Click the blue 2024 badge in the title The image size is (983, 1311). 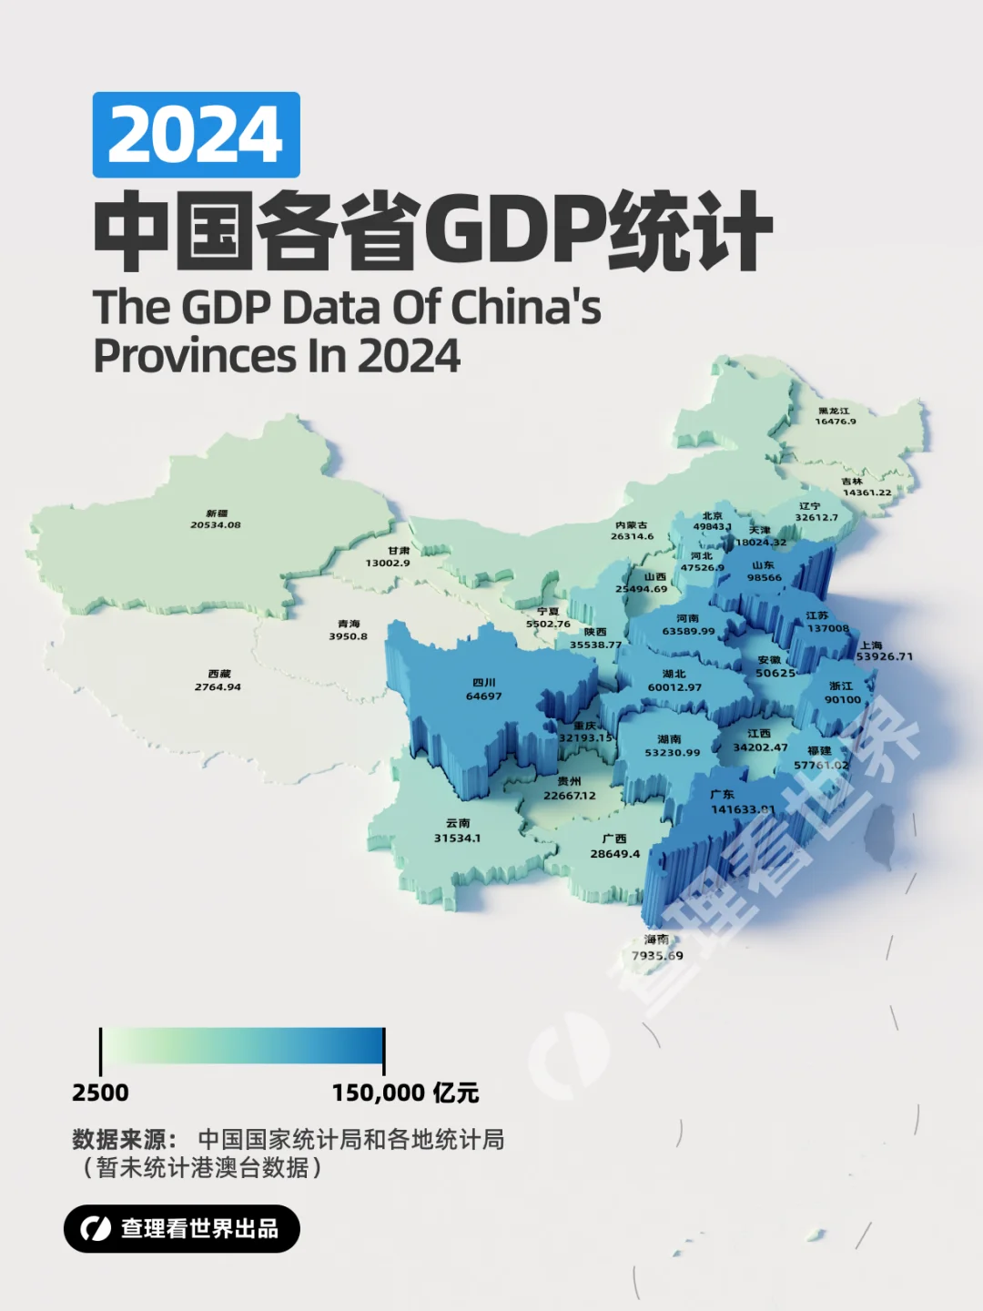196,135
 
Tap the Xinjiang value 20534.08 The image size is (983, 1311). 216,525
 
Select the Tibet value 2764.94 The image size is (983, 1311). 218,687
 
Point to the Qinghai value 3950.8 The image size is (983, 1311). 349,636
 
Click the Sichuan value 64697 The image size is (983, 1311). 483,696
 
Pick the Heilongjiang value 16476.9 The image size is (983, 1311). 835,422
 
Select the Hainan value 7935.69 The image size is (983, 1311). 657,956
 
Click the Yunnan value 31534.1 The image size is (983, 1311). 457,838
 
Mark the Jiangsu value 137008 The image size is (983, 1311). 827,628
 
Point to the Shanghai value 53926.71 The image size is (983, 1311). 884,656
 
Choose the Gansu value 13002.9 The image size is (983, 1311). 388,564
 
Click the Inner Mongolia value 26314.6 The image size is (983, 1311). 632,536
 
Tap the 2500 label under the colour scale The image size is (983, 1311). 100,1092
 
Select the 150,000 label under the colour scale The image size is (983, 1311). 379,1092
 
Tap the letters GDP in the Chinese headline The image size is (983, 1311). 513,230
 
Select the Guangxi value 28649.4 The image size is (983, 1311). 614,854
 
